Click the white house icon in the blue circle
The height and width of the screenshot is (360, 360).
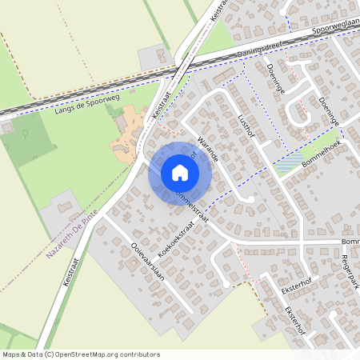180,172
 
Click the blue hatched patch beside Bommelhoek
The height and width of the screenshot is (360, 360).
289,166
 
